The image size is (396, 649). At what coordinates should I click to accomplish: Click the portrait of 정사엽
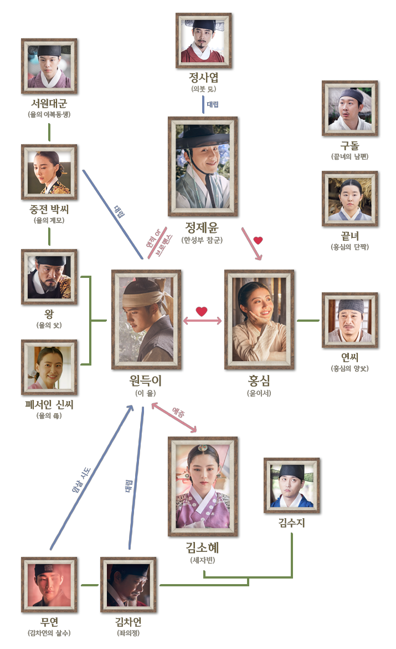pyautogui.click(x=203, y=40)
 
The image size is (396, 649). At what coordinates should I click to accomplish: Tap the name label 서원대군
pyautogui.click(x=49, y=104)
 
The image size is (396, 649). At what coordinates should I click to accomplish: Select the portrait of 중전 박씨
pyautogui.click(x=49, y=172)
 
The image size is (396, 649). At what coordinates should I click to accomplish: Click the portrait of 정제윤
pyautogui.click(x=203, y=166)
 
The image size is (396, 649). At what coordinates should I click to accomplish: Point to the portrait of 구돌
pyautogui.click(x=350, y=108)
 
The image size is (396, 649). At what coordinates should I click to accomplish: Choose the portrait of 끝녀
pyautogui.click(x=350, y=199)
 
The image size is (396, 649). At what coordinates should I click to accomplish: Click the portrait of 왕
pyautogui.click(x=49, y=277)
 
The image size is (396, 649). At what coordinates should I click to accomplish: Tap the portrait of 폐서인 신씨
pyautogui.click(x=49, y=367)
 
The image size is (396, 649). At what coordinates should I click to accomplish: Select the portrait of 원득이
pyautogui.click(x=146, y=320)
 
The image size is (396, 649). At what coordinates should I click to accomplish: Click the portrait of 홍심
pyautogui.click(x=259, y=320)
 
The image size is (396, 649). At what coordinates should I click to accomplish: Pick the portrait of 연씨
pyautogui.click(x=350, y=320)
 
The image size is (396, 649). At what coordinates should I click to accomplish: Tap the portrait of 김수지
pyautogui.click(x=292, y=485)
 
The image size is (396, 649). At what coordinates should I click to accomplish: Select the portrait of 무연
pyautogui.click(x=49, y=585)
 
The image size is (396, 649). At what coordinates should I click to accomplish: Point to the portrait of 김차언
pyautogui.click(x=128, y=585)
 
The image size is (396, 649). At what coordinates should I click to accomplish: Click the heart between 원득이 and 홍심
pyautogui.click(x=202, y=312)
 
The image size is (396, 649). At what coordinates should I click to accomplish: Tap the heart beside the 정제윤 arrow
pyautogui.click(x=258, y=240)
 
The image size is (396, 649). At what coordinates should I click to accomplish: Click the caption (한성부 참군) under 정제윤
pyautogui.click(x=203, y=240)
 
